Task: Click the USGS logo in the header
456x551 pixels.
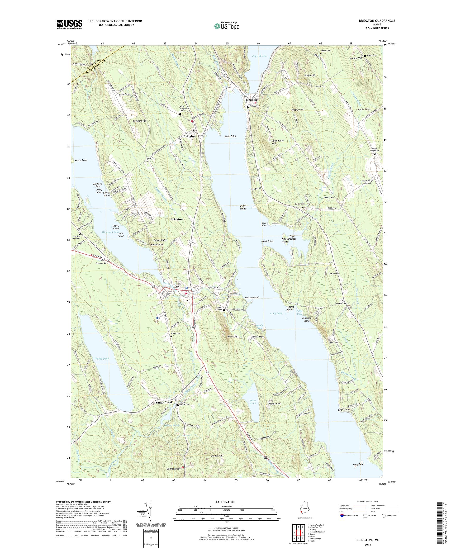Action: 69,25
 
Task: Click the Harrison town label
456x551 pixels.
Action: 251,100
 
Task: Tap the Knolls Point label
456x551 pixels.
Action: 81,160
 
